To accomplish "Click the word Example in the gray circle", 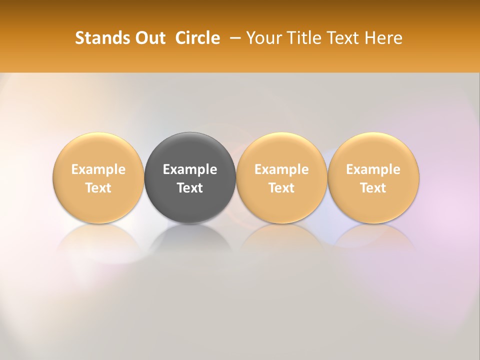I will tap(190, 169).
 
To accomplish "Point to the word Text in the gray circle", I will tap(190, 188).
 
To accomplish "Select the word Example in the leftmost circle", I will tap(98, 169).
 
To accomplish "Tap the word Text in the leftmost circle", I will tap(98, 188).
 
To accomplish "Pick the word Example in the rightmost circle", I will tap(373, 169).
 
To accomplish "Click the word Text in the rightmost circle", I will tap(373, 188).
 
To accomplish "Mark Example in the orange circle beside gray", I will tap(281, 169).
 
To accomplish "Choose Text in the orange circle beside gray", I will tap(281, 188).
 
